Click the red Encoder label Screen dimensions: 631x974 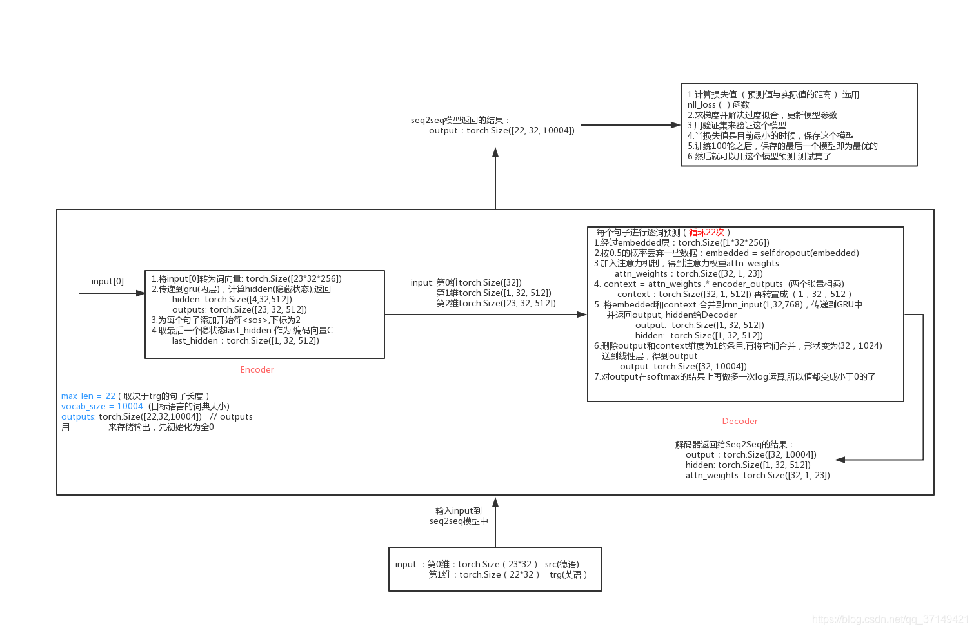[x=257, y=369]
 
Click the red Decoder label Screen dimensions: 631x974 [x=740, y=421]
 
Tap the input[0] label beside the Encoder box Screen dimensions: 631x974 [x=108, y=281]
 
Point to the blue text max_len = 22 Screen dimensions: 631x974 [x=88, y=396]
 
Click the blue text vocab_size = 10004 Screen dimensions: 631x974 [x=102, y=406]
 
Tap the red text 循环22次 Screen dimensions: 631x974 [x=706, y=232]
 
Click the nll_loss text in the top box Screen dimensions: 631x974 [x=702, y=104]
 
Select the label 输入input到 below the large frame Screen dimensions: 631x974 [x=459, y=510]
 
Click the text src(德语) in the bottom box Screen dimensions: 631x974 [x=562, y=564]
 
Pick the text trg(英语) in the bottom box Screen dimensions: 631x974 [x=568, y=574]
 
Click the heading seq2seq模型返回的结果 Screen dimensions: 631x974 [x=460, y=120]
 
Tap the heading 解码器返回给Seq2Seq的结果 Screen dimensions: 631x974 [x=734, y=444]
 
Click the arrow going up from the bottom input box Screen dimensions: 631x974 [x=495, y=522]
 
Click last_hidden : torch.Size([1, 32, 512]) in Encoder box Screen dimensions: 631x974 [x=245, y=340]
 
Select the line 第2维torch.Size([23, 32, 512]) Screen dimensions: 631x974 [x=496, y=303]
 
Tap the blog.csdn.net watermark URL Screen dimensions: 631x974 [x=890, y=619]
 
